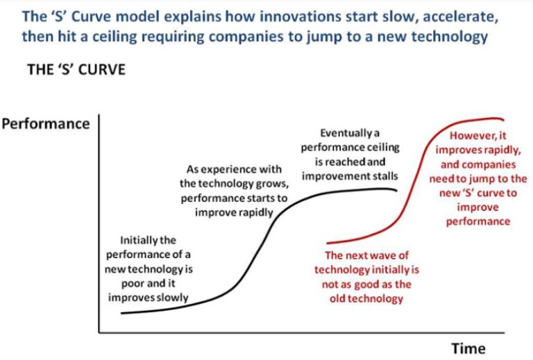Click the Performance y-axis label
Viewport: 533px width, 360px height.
click(x=46, y=124)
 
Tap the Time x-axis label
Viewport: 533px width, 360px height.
click(x=468, y=348)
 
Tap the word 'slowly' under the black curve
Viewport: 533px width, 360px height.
click(x=171, y=298)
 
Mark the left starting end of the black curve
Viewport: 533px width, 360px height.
click(x=122, y=313)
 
